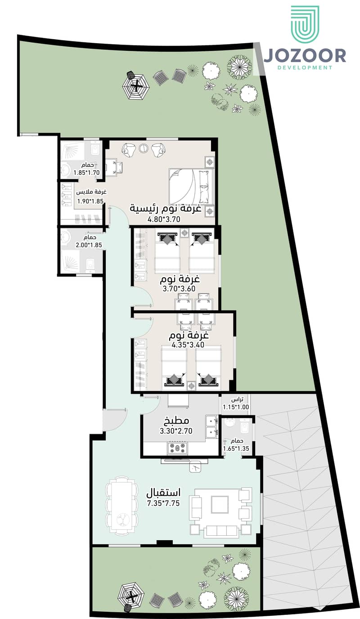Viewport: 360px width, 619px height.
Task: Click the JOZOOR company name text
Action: coord(305,56)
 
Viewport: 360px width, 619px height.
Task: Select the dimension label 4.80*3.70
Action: coord(164,219)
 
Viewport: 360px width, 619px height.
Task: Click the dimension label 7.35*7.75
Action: coord(163,503)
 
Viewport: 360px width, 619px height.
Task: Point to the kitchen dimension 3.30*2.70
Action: coord(176,431)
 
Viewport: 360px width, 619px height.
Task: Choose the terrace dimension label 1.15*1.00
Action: coord(236,407)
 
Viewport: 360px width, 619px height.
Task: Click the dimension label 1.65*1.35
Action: coord(236,448)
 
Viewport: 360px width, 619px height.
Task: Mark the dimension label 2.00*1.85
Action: coord(89,245)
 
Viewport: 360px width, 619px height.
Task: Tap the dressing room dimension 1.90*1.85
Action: coord(90,201)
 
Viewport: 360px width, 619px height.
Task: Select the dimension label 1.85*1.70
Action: coord(86,173)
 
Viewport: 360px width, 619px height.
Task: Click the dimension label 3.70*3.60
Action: coord(179,289)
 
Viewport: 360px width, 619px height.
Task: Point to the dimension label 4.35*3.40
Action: coord(188,345)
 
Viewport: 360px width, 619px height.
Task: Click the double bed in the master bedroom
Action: coord(191,186)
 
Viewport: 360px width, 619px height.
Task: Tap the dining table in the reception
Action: coord(121,506)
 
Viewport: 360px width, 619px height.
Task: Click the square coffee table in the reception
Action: coord(220,504)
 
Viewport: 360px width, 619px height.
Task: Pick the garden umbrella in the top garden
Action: coord(135,87)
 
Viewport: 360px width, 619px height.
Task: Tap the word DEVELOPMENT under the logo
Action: coord(305,68)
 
